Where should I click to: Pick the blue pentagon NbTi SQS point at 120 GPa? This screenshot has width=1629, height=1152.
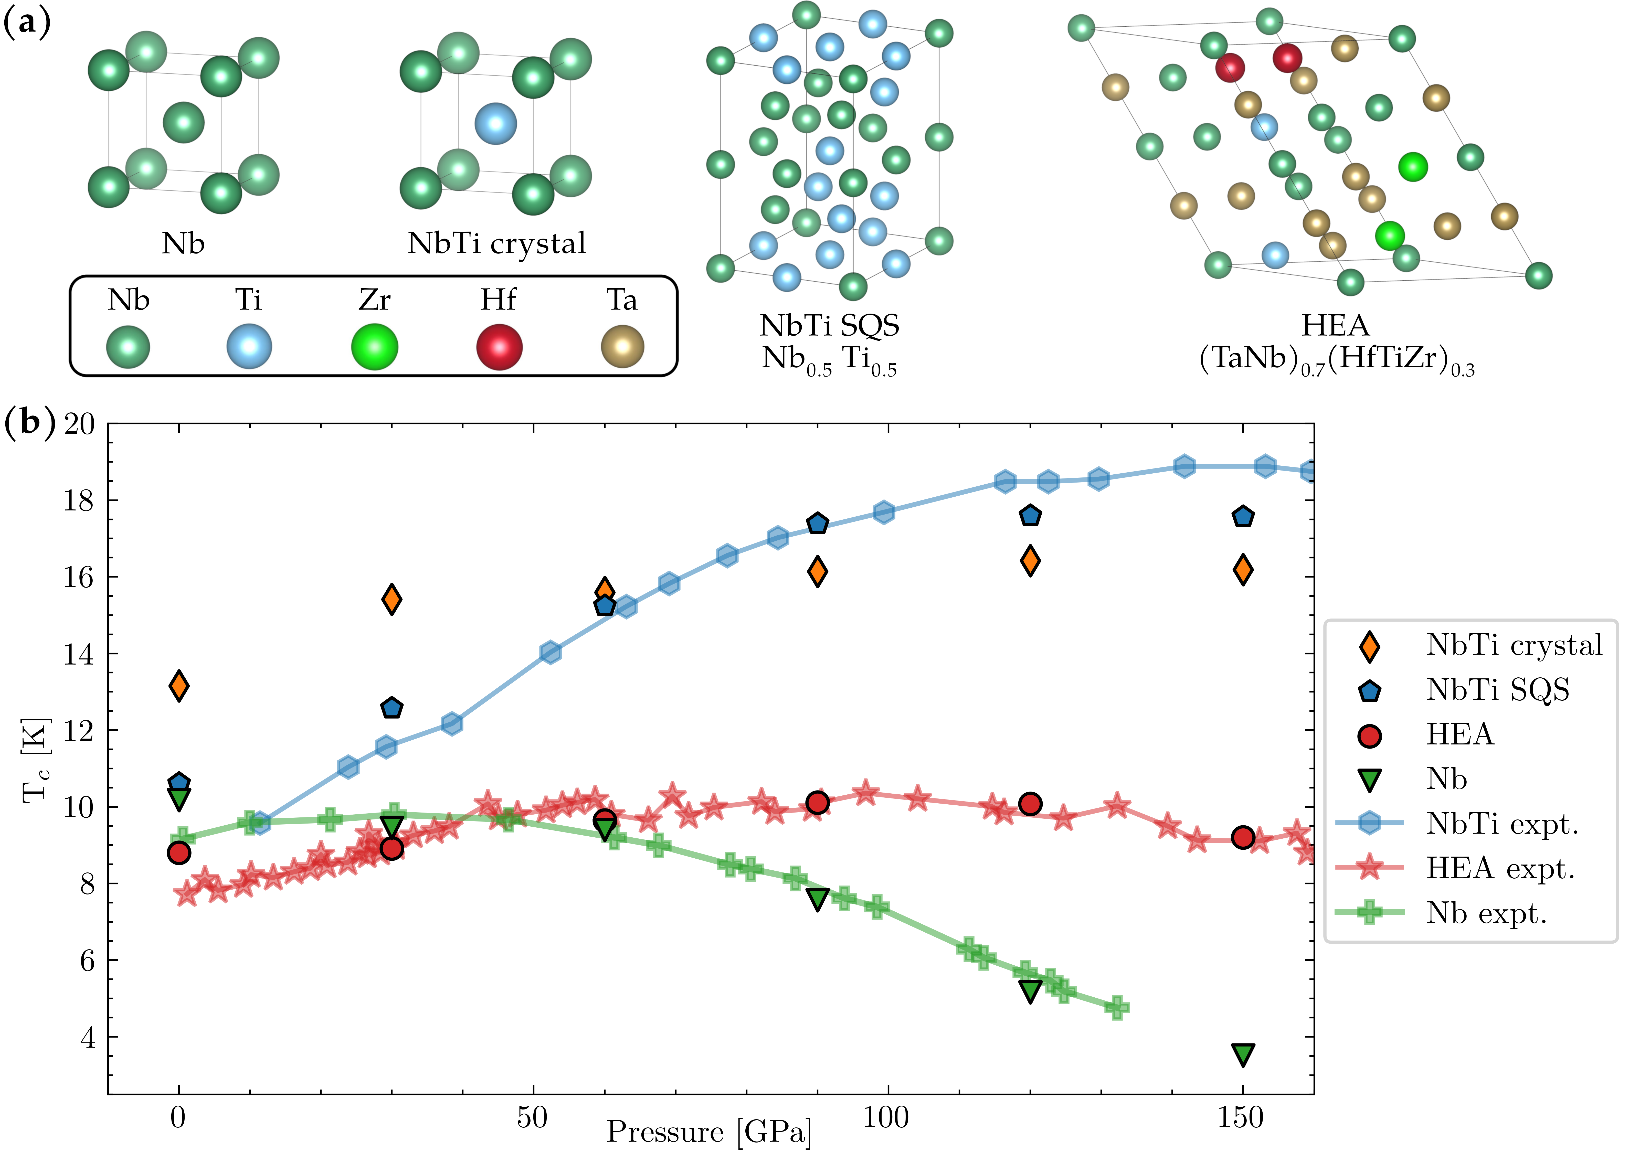[1030, 516]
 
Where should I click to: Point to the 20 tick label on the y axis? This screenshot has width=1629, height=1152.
[79, 424]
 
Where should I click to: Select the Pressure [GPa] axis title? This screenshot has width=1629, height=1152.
[708, 1132]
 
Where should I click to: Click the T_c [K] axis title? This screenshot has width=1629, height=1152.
[37, 760]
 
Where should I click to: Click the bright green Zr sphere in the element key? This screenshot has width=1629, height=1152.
[375, 347]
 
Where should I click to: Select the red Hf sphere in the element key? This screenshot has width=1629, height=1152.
[500, 347]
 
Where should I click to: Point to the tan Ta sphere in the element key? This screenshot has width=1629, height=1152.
[622, 347]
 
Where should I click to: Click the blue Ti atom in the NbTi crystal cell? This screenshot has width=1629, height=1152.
[495, 123]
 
